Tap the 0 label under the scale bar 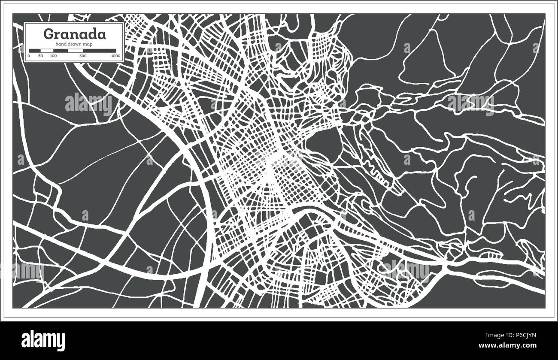[29, 56]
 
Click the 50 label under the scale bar [41, 56]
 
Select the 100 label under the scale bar [53, 56]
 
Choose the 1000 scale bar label [115, 56]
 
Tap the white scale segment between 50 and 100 [47, 51]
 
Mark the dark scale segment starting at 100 [61, 51]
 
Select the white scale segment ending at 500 [75, 51]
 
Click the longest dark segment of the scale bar [100, 51]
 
